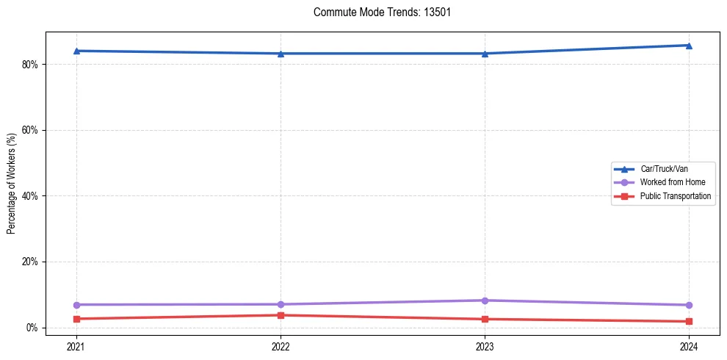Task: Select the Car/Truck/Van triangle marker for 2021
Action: tap(76, 51)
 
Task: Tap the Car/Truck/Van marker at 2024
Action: tap(689, 46)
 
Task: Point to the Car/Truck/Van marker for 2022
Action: tap(281, 54)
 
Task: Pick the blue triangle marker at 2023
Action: tap(485, 54)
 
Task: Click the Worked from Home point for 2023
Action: tap(485, 300)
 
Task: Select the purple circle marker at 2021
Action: tap(76, 304)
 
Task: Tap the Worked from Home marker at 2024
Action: tap(689, 305)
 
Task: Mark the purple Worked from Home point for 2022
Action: tap(281, 304)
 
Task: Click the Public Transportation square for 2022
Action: tap(281, 315)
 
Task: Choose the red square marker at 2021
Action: tap(76, 319)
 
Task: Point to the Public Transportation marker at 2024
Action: tap(689, 321)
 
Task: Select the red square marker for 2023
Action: tap(485, 319)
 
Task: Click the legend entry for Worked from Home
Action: tap(663, 182)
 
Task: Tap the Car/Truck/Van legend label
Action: tap(663, 169)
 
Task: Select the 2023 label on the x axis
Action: tap(485, 346)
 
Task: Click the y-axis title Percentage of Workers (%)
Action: tap(12, 184)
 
